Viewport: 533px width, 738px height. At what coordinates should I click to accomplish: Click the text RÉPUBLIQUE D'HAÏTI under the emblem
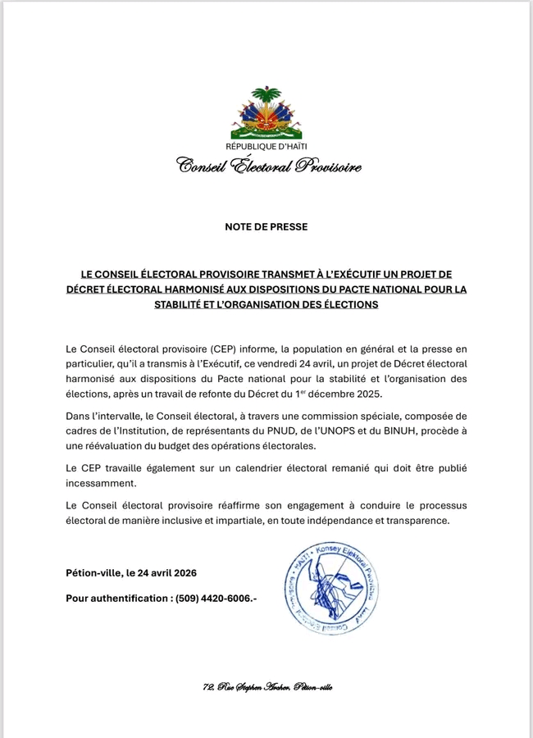pos(266,148)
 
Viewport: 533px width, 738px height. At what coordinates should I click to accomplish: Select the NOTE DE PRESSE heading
pos(266,226)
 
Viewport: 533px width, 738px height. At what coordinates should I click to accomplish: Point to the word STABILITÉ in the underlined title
pos(187,304)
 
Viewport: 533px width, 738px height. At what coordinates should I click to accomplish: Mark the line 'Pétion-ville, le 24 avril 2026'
pos(131,572)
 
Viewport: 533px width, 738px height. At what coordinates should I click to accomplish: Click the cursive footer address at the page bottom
pos(266,687)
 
